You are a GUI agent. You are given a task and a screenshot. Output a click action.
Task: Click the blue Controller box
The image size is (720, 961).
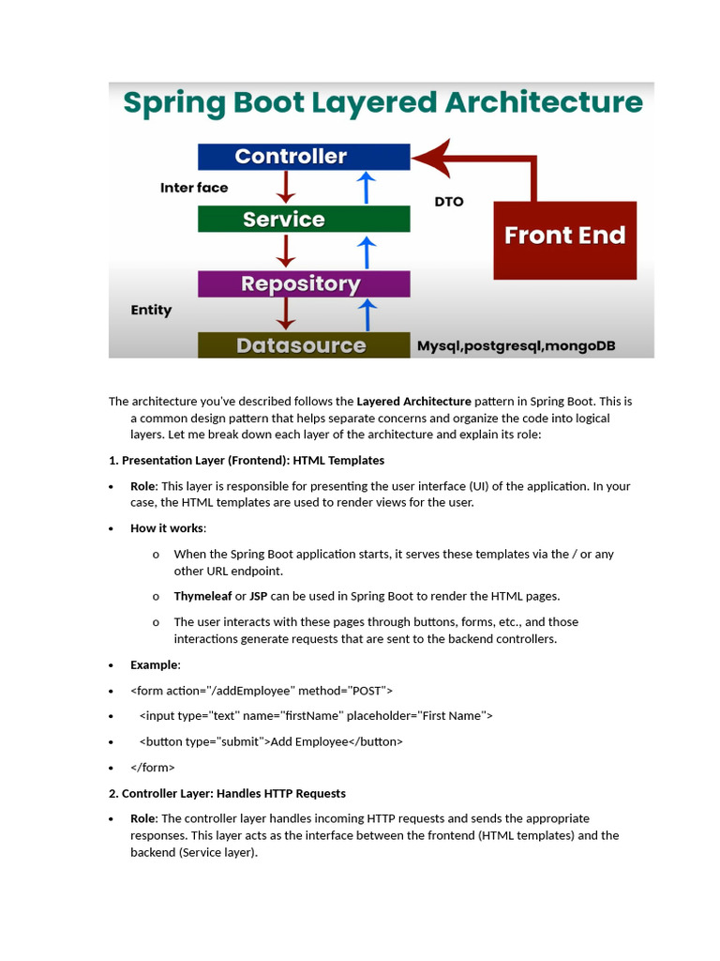(304, 157)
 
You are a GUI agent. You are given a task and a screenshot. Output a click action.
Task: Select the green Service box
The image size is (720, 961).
(304, 220)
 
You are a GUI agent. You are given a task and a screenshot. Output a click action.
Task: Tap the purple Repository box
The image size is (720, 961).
(304, 283)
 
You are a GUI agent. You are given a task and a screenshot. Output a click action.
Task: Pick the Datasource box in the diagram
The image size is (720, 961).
(304, 345)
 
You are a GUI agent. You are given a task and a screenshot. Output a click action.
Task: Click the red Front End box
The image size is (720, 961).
(564, 236)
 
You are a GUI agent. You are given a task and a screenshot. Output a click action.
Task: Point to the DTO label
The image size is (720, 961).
(449, 202)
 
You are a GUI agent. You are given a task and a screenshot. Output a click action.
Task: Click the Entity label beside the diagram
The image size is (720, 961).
(151, 310)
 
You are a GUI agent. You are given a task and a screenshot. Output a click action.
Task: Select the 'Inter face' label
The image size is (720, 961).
(194, 188)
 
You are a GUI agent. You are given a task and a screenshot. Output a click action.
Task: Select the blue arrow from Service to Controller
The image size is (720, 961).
(367, 188)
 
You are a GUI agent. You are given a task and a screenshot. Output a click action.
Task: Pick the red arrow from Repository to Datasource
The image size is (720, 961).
(286, 314)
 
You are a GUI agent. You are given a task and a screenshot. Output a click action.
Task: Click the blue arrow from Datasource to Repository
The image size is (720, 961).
(367, 314)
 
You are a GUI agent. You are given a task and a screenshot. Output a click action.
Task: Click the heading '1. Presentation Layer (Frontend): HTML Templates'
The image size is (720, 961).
(247, 461)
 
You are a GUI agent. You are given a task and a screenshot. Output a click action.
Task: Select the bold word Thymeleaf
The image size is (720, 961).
(202, 596)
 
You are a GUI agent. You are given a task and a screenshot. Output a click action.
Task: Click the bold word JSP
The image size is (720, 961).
(259, 596)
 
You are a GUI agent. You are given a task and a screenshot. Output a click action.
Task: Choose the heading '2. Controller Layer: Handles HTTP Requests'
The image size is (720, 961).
(227, 793)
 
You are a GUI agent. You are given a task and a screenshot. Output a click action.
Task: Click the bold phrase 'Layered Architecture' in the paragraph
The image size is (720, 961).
(413, 402)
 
